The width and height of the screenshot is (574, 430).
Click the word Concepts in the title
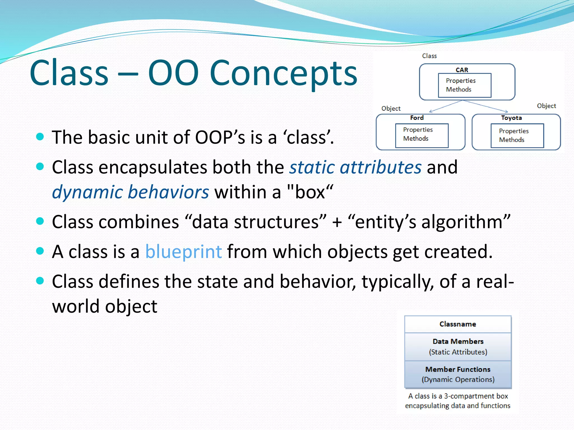283,73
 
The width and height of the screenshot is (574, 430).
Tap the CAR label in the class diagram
462,70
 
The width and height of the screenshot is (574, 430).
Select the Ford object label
416,118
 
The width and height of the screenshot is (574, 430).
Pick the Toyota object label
511,118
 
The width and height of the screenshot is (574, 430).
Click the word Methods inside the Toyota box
511,140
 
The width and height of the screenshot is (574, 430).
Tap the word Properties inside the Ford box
418,130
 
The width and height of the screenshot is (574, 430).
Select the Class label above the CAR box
429,56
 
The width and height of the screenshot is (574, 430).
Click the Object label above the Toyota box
546,106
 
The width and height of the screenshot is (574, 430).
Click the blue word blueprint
184,251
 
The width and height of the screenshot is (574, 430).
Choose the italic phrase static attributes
355,167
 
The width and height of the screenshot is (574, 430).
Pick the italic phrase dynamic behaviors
130,192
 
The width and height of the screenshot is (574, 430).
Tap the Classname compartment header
457,324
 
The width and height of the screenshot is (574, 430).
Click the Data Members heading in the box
458,341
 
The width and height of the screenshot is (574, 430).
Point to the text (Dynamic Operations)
458,380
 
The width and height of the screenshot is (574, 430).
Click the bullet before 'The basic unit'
40,137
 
